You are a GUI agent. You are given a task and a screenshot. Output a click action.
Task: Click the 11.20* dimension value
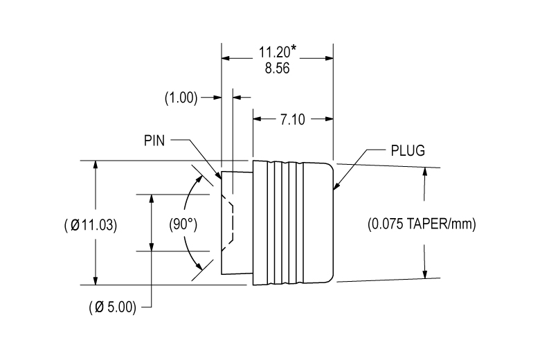(278, 53)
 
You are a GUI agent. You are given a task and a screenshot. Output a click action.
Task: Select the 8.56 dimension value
(277, 69)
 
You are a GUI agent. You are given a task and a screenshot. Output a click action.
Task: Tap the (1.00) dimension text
(180, 98)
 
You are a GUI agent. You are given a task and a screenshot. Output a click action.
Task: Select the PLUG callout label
(407, 150)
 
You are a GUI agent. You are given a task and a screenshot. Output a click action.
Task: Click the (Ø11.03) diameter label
(90, 225)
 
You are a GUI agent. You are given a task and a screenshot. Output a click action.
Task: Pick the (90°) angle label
(183, 224)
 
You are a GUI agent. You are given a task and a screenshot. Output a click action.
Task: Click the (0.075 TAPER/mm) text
(422, 224)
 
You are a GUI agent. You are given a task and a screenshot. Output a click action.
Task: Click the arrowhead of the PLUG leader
(336, 186)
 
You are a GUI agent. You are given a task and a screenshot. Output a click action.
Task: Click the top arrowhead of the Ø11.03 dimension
(95, 166)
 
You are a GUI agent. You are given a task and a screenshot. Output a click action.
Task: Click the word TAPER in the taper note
(422, 224)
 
